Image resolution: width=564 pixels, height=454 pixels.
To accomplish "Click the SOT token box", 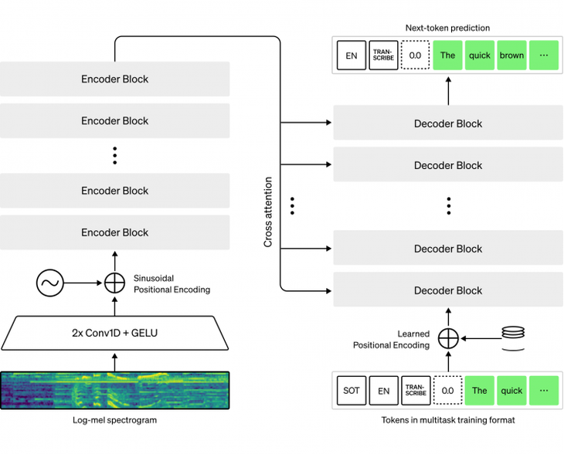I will [351, 390].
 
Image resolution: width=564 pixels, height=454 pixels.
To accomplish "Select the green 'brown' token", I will [511, 56].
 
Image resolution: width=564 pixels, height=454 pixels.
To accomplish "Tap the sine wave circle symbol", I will [49, 283].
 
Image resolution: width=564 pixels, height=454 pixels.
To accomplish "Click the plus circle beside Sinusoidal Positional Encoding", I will [114, 283].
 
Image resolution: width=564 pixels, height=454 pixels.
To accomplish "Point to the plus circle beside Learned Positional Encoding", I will [448, 337].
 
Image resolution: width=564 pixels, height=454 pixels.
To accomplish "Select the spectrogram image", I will [115, 389].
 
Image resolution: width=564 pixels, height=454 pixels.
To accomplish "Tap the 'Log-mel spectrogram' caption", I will [115, 420].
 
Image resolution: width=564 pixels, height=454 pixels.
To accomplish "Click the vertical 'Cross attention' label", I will [269, 212].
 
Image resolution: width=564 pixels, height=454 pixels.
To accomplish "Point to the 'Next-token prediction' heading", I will [448, 28].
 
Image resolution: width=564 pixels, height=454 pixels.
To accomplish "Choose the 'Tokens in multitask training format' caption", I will [448, 420].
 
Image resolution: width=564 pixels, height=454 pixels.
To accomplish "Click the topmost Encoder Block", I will [114, 79].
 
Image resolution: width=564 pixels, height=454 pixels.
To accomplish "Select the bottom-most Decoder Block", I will [448, 290].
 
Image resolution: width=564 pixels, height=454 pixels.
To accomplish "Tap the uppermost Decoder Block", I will [448, 124].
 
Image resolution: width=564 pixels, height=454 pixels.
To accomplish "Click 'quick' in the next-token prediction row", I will [480, 56].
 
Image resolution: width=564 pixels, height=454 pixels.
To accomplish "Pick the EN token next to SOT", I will [383, 390].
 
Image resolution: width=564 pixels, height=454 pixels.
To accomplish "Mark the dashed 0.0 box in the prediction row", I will [416, 56].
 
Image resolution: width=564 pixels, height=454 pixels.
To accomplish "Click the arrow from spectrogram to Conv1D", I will [115, 360].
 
